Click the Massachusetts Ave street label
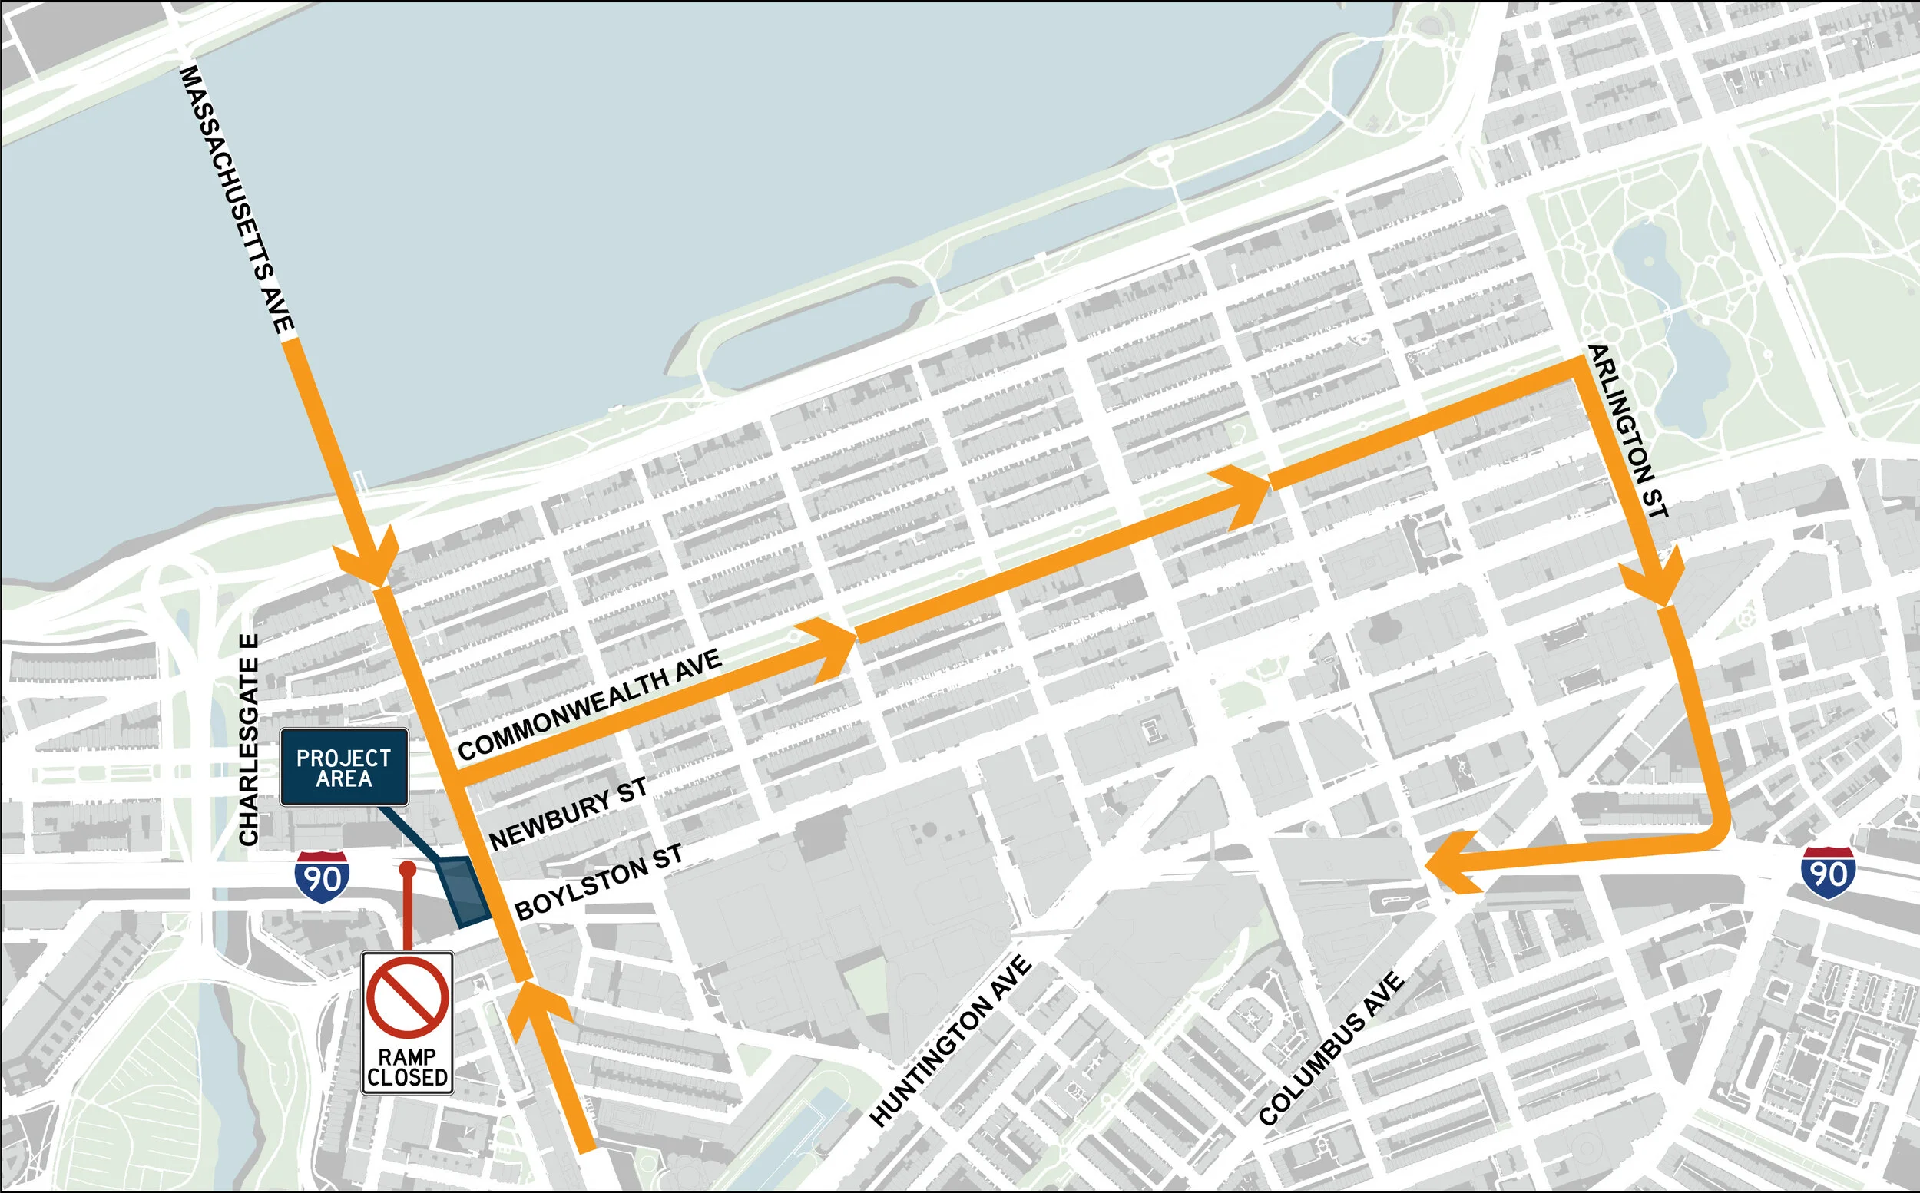click(237, 199)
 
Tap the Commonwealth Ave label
click(590, 705)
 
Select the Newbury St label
click(568, 814)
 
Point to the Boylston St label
click(598, 882)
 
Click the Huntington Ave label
click(950, 1042)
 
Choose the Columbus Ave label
click(1331, 1049)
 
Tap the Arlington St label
click(1627, 431)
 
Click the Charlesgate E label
click(249, 740)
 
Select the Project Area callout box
click(344, 768)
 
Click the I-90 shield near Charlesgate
click(323, 877)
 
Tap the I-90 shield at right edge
click(1828, 873)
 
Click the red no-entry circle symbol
click(407, 997)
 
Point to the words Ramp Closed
click(407, 1067)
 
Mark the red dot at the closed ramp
click(407, 869)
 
